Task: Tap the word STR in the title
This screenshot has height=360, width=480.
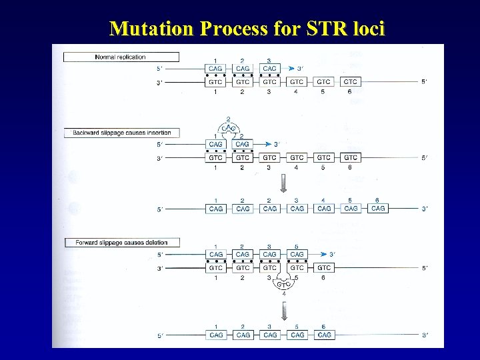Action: coord(323,29)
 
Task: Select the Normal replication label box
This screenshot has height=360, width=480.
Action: coord(121,57)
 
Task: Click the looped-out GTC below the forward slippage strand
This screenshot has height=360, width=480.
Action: coord(283,283)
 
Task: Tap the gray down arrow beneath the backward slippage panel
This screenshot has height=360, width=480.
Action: coord(283,183)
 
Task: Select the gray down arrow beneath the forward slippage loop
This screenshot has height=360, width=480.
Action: coord(283,310)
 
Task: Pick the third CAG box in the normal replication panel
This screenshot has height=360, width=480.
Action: coord(269,68)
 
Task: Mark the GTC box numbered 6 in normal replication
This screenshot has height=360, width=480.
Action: coord(351,82)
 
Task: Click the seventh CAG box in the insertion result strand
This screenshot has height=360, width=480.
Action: coord(378,209)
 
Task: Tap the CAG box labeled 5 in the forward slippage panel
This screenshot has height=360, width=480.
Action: coord(297,255)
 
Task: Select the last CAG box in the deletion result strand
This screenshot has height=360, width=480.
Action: coord(324,335)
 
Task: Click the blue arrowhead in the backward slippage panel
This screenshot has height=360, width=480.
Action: coord(275,144)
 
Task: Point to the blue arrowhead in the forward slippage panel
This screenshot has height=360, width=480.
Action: coord(329,255)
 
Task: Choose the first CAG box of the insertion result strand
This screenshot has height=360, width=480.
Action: coord(215,209)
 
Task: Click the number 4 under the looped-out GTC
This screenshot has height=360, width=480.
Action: coord(283,293)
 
